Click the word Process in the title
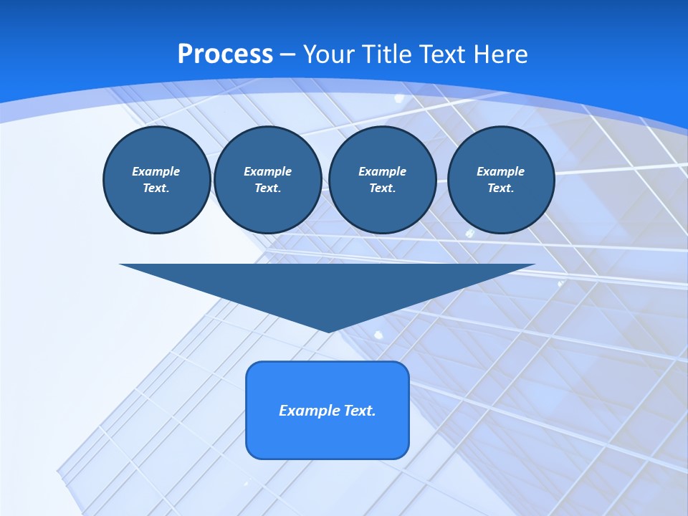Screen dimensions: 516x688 pos(225,54)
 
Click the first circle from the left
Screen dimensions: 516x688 pos(157,180)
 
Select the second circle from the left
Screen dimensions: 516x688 pos(268,180)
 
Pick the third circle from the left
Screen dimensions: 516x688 pos(383,180)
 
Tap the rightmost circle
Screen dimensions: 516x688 pos(501,180)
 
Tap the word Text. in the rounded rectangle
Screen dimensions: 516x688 pos(358,411)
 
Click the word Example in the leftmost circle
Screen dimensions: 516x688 pos(156,171)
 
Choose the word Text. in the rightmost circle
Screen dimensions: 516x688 pos(501,188)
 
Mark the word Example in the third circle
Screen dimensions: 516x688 pos(383,171)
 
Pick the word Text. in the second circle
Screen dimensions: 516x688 pos(268,188)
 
